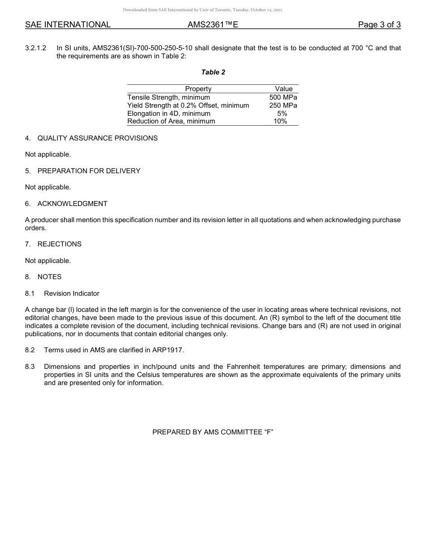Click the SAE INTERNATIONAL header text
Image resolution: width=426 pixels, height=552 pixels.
[68, 25]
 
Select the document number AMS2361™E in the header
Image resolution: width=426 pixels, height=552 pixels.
[213, 25]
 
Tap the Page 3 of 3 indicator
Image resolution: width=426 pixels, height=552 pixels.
[379, 25]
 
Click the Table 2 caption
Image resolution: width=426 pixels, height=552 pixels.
[213, 72]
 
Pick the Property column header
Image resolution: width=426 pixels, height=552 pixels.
[198, 89]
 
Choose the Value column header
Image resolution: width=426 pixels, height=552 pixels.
[283, 89]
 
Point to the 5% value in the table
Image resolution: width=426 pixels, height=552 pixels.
[282, 114]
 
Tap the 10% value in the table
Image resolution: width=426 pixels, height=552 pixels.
[280, 121]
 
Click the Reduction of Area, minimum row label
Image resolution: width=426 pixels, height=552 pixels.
[171, 121]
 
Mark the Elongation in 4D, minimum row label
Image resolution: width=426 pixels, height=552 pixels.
[169, 114]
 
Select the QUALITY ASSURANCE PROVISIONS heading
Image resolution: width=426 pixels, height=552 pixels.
[97, 138]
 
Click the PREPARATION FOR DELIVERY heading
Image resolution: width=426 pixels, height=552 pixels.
[89, 171]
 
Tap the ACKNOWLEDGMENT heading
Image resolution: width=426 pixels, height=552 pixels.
[72, 204]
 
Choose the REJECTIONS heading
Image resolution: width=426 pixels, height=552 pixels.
[59, 244]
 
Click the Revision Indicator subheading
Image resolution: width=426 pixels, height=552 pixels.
[72, 294]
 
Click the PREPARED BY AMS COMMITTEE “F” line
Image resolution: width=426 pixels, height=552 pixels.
[213, 432]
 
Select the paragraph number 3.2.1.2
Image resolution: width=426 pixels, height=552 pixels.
[36, 48]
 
